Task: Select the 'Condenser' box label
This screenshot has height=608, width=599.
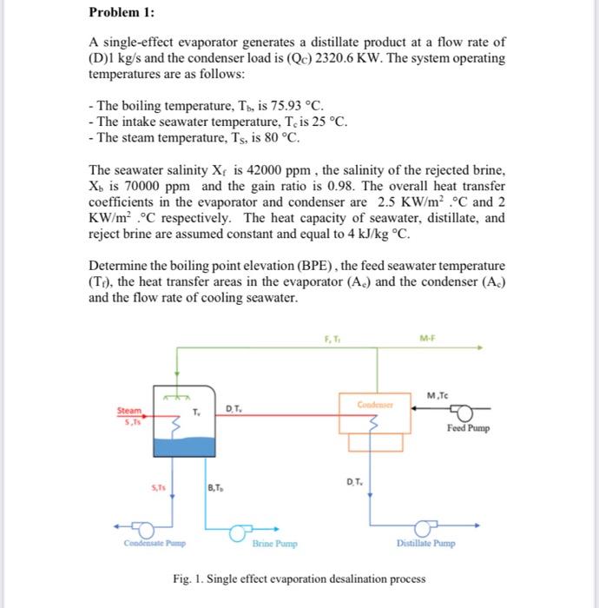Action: click(375, 404)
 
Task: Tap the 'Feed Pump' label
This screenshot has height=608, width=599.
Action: click(469, 428)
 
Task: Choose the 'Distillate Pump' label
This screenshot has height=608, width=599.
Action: click(425, 545)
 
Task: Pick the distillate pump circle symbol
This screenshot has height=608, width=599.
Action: click(424, 527)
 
